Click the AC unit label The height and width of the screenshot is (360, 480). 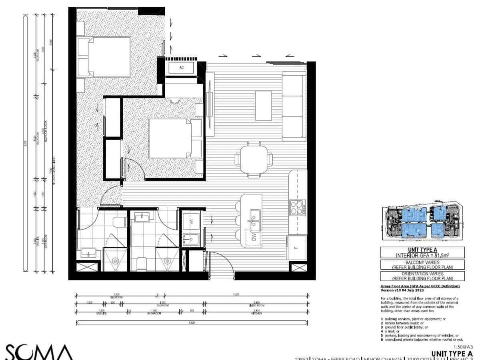coord(182,68)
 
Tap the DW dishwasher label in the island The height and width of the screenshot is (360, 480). coord(253,238)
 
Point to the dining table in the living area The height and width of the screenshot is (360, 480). coord(254,159)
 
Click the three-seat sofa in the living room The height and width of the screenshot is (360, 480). coord(294,106)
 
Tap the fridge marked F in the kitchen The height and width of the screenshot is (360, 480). coord(296,248)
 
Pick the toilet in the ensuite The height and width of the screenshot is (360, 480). coord(119,222)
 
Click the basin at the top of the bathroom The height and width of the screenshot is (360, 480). coord(143,217)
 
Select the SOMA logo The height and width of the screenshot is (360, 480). coord(39,352)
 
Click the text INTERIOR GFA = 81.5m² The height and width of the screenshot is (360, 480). coord(422,255)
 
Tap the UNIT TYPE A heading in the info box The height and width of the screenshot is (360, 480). coord(422,249)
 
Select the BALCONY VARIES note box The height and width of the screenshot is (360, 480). coord(422,264)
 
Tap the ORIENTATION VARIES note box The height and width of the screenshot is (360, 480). coord(422,276)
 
